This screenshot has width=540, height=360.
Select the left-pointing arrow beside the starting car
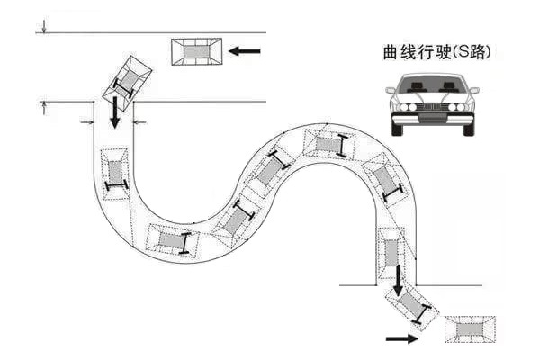pos(244,51)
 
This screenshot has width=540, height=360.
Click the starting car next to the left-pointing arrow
pos(197,51)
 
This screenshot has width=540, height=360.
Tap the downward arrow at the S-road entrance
pos(115,112)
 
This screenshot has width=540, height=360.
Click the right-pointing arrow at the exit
pos(401,338)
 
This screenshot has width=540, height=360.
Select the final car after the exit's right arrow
pos(469,328)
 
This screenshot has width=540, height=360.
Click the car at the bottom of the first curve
pos(171,239)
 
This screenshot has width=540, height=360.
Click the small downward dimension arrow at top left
pos(42,27)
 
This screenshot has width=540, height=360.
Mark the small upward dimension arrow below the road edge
pos(42,108)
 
